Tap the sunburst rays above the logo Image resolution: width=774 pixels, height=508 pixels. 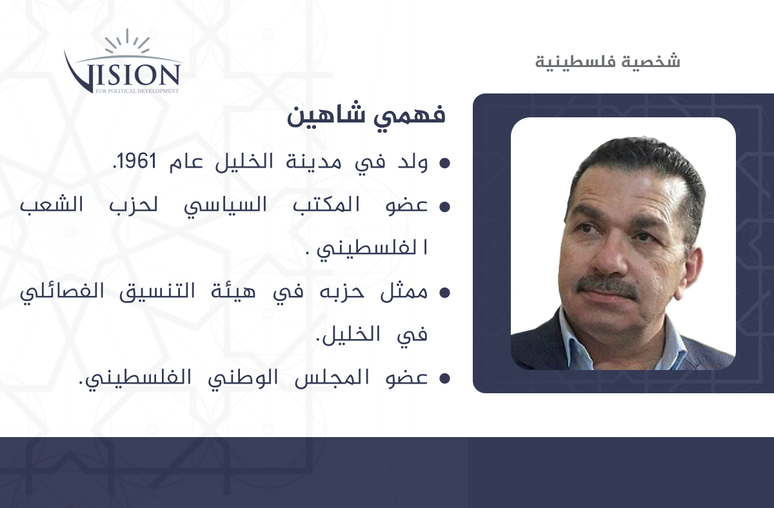[127, 41]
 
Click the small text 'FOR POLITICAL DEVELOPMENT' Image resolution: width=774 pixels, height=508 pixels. [137, 91]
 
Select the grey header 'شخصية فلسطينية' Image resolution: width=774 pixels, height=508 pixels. [608, 62]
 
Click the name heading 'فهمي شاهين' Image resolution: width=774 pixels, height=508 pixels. [366, 115]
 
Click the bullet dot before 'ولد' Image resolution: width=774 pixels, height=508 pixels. [444, 163]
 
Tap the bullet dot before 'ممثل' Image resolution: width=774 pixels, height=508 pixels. [444, 293]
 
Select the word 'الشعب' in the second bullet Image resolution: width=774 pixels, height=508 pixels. [52, 204]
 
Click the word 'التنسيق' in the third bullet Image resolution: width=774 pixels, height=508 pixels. [157, 292]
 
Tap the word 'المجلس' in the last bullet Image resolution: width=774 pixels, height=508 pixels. [332, 378]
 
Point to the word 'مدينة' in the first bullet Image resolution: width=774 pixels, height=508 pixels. [313, 162]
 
